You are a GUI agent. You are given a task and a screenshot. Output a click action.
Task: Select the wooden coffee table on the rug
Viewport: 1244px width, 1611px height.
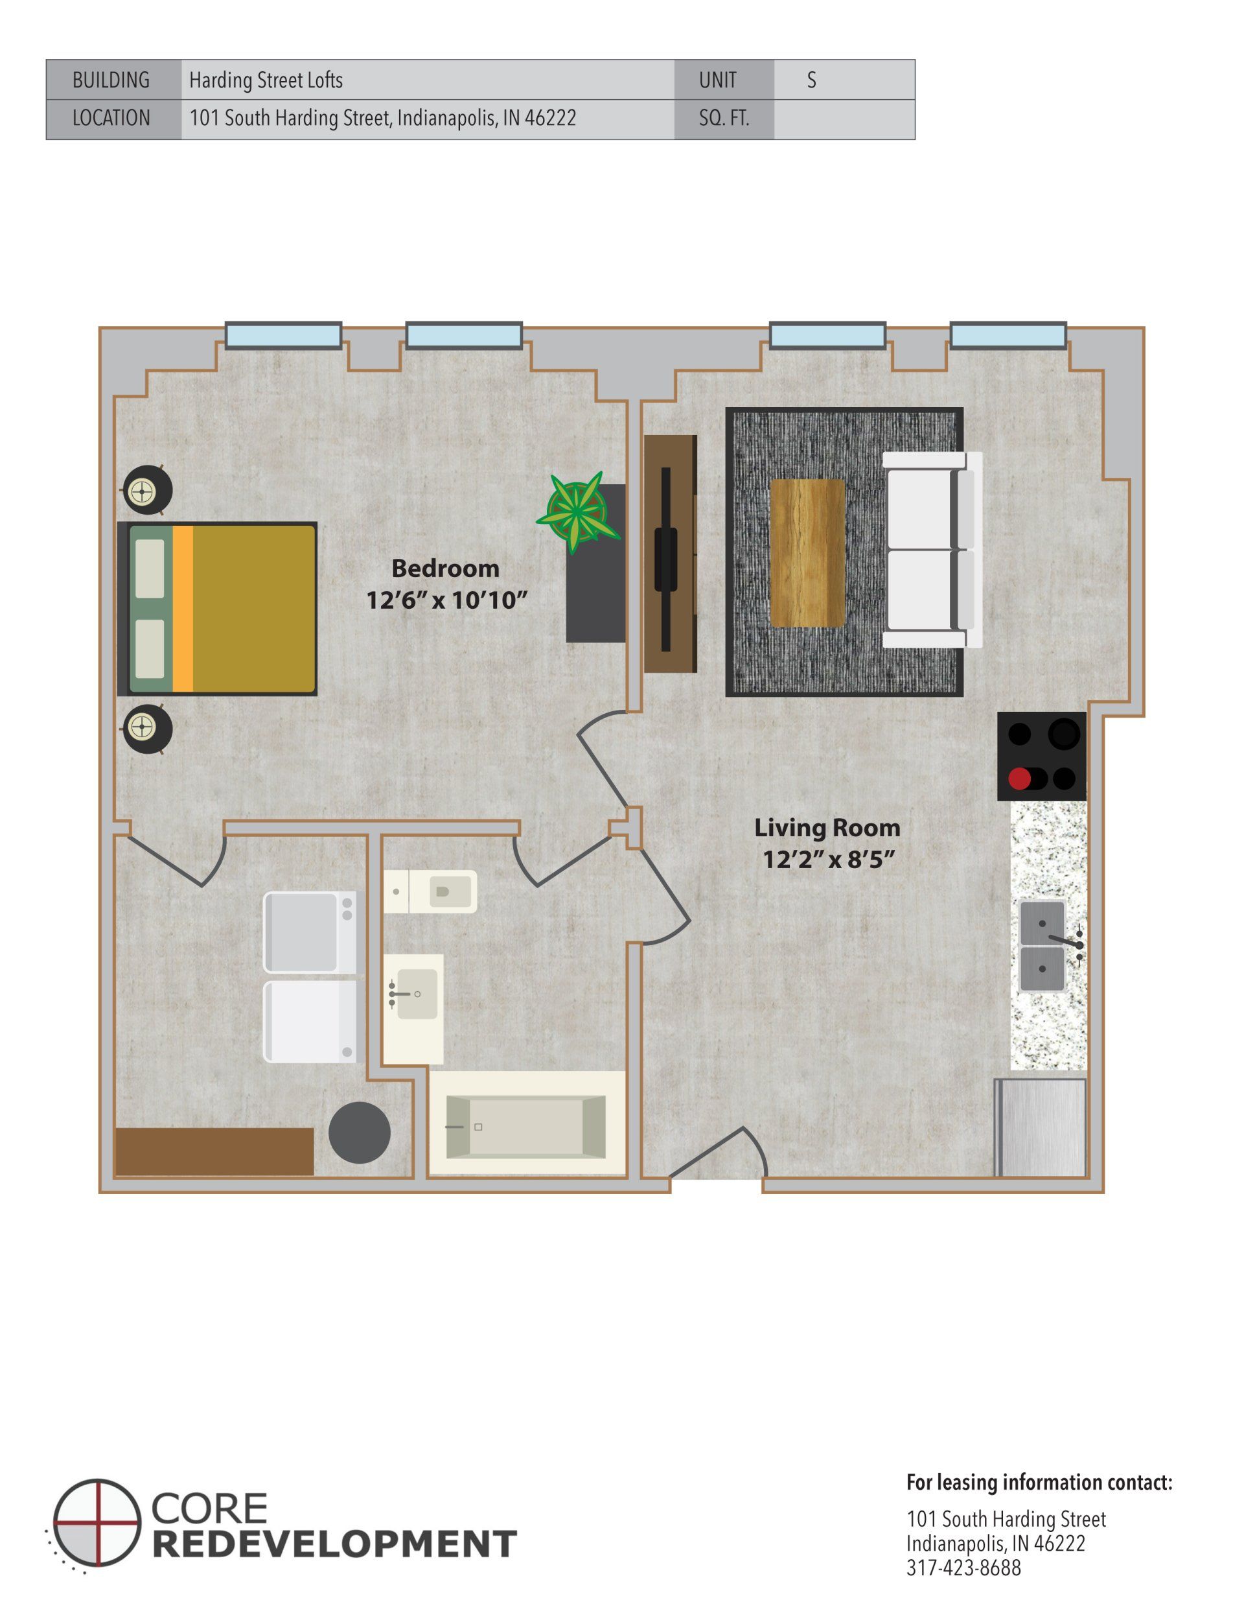[807, 552]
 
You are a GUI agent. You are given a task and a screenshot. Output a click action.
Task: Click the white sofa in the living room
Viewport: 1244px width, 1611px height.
[931, 550]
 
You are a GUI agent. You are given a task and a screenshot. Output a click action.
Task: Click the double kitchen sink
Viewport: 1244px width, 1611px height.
[1042, 946]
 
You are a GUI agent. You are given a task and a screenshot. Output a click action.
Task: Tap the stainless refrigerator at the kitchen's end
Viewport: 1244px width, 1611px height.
[1041, 1127]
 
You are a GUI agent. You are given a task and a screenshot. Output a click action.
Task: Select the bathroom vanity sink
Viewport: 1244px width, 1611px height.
[415, 994]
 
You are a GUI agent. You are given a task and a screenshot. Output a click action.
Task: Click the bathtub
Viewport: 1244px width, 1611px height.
[527, 1126]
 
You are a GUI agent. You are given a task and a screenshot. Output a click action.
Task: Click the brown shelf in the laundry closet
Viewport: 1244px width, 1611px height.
[214, 1151]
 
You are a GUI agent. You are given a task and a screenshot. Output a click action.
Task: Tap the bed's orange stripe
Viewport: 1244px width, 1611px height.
[183, 609]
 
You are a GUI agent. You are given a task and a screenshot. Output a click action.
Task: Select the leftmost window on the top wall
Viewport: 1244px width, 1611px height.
[283, 336]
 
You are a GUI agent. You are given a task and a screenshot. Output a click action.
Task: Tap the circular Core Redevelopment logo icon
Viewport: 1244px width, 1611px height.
[97, 1522]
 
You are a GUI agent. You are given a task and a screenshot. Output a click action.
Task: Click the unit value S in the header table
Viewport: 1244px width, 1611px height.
[811, 80]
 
